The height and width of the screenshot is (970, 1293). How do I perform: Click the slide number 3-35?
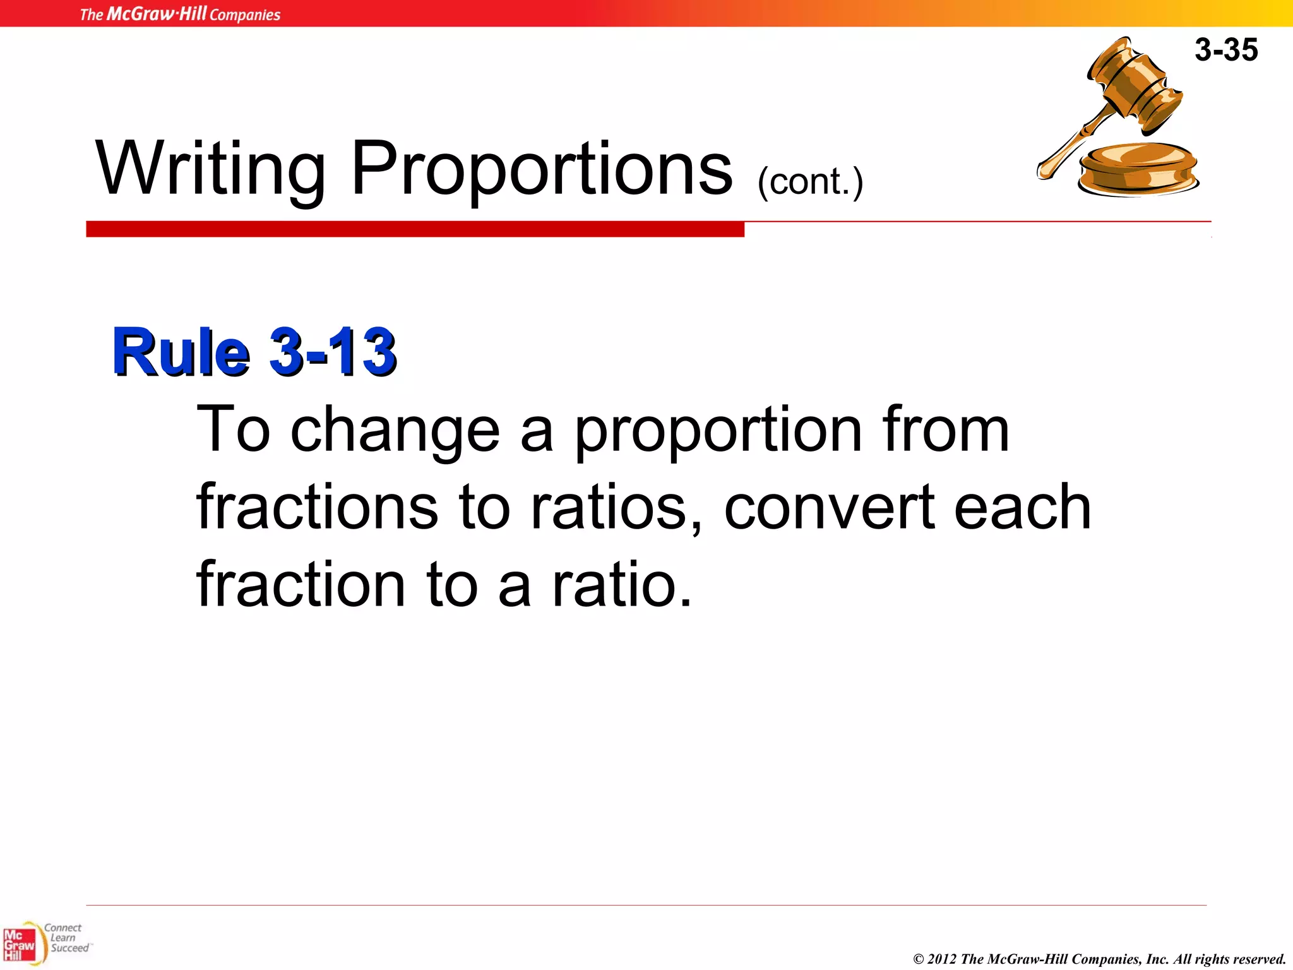click(x=1225, y=50)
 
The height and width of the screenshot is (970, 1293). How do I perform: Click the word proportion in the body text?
click(x=718, y=432)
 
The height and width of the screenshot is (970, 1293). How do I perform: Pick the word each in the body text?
click(x=1022, y=508)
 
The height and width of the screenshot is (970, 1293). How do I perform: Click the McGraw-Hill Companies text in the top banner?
click(x=180, y=14)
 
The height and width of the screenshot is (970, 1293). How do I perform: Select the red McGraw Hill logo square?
click(x=18, y=945)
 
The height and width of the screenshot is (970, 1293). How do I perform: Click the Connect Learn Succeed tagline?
click(x=67, y=938)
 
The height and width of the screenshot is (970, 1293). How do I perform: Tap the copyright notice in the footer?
click(x=1099, y=959)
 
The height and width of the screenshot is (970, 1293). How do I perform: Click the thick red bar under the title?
click(x=415, y=229)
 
